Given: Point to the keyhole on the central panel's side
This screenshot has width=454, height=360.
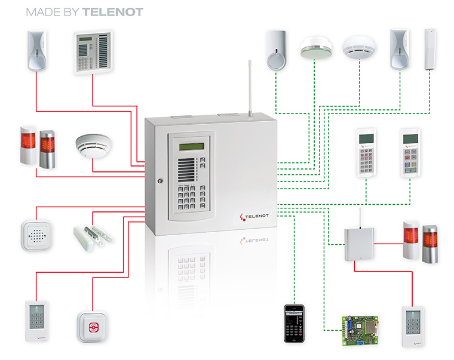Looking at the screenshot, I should point(159,180).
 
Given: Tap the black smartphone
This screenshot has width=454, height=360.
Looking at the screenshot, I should point(295,323).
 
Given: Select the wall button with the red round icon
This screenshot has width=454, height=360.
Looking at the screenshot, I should point(91,326).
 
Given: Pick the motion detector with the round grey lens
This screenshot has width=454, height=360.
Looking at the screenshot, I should point(276,53).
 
